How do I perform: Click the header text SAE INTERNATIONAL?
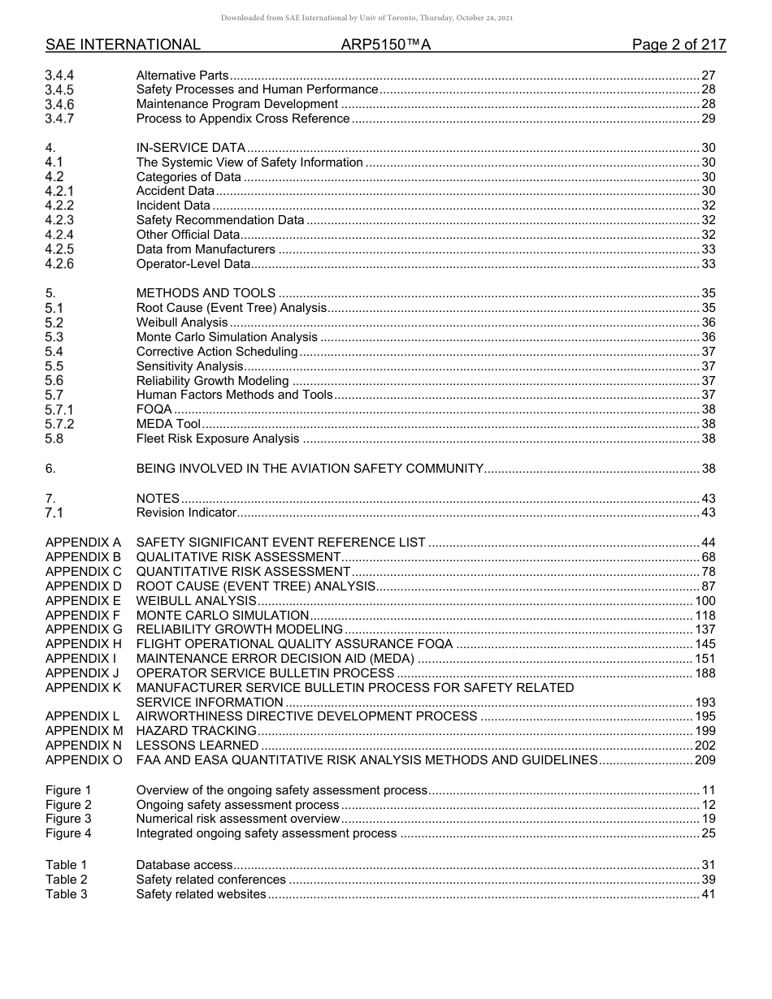[x=123, y=45]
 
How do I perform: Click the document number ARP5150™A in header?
[x=386, y=45]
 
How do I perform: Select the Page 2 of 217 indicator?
[x=679, y=45]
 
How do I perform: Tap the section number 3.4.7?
[x=60, y=119]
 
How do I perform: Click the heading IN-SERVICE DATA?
[x=190, y=148]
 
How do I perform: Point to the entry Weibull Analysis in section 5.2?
[x=182, y=322]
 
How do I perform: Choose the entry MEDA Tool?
[x=168, y=424]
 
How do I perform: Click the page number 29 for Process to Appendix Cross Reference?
[x=708, y=119]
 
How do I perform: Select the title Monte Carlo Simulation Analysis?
[x=227, y=337]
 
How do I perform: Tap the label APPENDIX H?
[x=84, y=644]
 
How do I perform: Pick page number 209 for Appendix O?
[x=705, y=760]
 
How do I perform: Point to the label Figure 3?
[x=68, y=819]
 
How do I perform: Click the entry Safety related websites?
[x=201, y=894]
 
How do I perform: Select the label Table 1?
[x=66, y=865]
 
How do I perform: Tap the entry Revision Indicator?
[x=186, y=512]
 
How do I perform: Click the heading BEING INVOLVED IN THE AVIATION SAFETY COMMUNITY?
[x=310, y=469]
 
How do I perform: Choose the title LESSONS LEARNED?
[x=197, y=746]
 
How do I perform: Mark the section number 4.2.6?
[x=60, y=264]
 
